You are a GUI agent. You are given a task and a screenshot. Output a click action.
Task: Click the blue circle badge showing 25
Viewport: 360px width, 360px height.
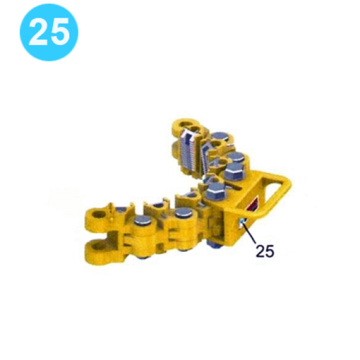point(49,33)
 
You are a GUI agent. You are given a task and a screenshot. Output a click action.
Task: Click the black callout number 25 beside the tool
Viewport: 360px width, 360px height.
point(264,251)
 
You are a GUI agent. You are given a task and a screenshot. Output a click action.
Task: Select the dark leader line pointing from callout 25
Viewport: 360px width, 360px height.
point(251,235)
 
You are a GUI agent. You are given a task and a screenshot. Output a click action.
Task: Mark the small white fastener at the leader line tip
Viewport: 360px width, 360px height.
point(243,224)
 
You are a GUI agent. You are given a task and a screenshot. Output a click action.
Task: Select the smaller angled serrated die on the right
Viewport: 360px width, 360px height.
point(211,157)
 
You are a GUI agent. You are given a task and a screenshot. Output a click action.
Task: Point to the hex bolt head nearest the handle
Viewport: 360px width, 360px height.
point(234,171)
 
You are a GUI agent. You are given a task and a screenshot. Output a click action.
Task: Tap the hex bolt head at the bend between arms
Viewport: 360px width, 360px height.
point(216,191)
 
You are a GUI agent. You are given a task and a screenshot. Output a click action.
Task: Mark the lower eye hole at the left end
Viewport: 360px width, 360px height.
point(98,247)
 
